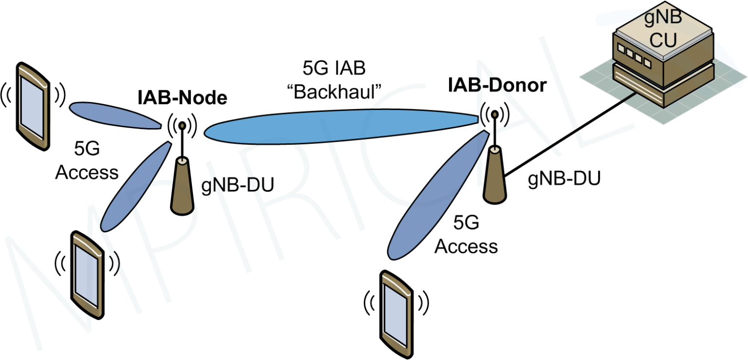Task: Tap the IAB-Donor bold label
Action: point(497,86)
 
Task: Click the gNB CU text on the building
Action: point(663,29)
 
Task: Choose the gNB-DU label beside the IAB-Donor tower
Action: point(564,179)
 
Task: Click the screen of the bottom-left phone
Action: point(88,275)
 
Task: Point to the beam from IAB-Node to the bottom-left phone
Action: point(134,185)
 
